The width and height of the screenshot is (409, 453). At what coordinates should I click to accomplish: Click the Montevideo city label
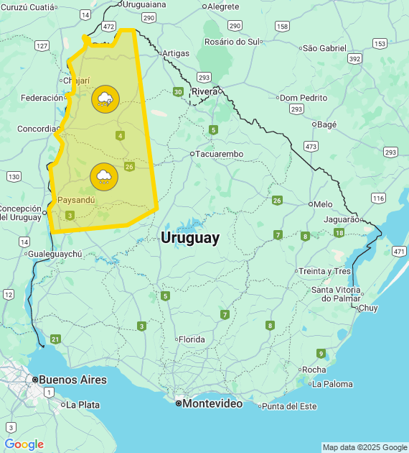(212, 403)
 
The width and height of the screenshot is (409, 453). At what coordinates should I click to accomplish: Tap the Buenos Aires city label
(72, 380)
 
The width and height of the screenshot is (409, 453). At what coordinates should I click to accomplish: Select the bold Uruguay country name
(190, 238)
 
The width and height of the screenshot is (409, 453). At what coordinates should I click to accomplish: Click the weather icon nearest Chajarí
(105, 99)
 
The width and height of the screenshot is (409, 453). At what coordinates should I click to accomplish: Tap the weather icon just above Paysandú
(104, 176)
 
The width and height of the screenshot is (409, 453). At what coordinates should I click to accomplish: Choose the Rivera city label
(204, 91)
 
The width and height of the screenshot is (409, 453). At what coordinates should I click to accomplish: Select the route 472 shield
(108, 27)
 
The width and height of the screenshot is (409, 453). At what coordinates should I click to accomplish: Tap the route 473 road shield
(311, 146)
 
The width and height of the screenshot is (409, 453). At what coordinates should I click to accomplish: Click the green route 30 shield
(177, 91)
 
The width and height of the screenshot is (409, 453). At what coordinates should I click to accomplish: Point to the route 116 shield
(378, 198)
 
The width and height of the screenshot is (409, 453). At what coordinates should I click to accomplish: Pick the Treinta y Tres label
(325, 271)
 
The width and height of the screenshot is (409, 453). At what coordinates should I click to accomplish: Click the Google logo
(24, 444)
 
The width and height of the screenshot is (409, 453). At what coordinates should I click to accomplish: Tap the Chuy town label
(367, 308)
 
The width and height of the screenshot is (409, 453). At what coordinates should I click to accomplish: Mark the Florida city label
(192, 339)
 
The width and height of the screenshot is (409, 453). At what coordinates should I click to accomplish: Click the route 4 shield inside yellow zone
(120, 135)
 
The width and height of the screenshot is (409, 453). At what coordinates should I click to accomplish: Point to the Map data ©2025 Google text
(364, 447)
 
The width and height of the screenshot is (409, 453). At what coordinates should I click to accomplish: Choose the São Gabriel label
(324, 48)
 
